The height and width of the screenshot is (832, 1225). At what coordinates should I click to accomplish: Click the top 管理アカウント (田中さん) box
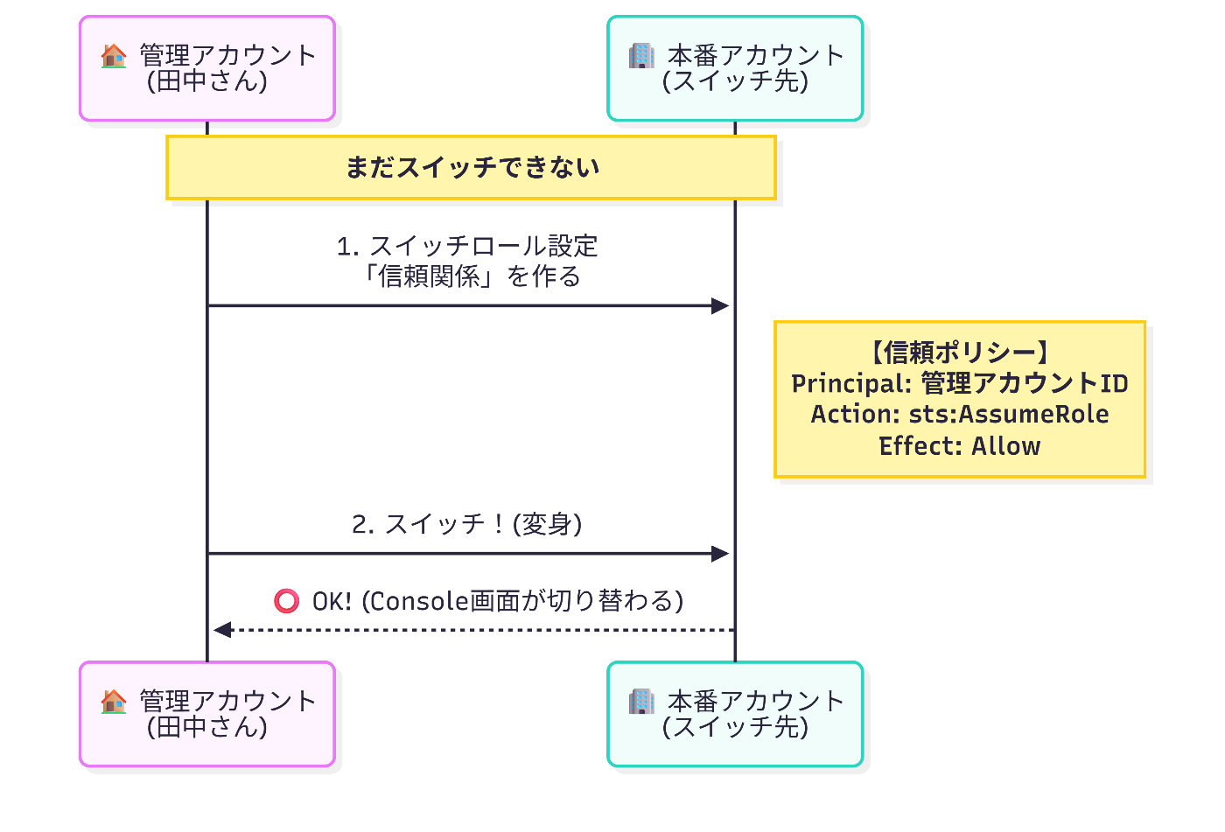207,68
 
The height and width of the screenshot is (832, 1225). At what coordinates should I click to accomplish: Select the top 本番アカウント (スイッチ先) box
735,68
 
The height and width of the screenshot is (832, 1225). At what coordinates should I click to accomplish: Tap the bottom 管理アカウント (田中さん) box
207,714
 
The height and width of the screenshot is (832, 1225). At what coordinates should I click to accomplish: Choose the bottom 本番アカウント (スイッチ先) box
735,714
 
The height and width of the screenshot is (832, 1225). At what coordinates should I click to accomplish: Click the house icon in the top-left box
114,56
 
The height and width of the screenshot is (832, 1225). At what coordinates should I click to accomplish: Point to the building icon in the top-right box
641,56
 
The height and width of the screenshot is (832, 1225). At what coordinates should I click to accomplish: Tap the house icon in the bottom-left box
114,702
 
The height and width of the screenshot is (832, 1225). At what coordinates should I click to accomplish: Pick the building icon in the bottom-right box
641,702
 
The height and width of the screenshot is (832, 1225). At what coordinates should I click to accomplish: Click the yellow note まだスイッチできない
472,167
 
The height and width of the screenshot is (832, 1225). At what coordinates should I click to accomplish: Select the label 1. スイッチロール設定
467,246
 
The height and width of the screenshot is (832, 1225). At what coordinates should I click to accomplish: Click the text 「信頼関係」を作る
471,276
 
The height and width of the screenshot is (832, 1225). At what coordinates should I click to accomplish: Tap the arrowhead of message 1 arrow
720,306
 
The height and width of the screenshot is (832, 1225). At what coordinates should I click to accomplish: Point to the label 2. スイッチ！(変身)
467,524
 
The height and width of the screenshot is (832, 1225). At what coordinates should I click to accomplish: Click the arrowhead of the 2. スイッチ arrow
720,554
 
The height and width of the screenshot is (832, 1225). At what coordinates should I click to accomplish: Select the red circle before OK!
286,601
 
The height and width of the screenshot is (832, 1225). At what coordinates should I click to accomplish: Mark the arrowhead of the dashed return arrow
223,630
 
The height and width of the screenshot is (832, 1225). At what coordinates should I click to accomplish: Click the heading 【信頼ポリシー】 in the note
960,353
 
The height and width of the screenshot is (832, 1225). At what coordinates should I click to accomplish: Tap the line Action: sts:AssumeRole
960,415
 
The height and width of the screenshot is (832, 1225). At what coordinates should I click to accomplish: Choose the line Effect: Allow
960,446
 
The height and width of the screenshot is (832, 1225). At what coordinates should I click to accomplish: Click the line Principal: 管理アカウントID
960,383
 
